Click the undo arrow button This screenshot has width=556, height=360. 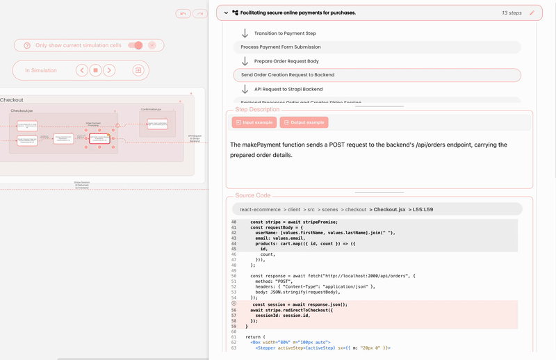tap(183, 13)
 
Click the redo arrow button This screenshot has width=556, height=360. tap(200, 13)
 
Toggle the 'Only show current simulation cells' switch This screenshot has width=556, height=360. tap(136, 45)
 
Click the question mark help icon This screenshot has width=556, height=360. tap(27, 45)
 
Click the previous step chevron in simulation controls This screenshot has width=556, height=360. tap(82, 70)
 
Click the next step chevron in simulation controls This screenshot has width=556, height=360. tap(109, 70)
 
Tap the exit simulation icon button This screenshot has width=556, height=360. tap(138, 70)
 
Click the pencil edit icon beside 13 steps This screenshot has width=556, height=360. tap(532, 13)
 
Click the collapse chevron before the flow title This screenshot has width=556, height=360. tap(226, 13)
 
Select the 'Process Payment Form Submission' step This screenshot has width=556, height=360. tap(281, 47)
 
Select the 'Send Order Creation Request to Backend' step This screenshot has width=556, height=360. tap(288, 74)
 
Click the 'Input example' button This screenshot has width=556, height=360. tap(254, 122)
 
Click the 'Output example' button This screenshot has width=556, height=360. tap(304, 122)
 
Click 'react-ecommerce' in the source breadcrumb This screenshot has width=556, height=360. tap(259, 209)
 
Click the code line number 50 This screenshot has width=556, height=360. tap(234, 276)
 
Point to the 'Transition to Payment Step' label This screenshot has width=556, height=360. tap(285, 33)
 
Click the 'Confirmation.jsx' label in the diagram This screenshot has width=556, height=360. tap(151, 109)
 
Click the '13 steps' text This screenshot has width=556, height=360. tap(512, 13)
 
